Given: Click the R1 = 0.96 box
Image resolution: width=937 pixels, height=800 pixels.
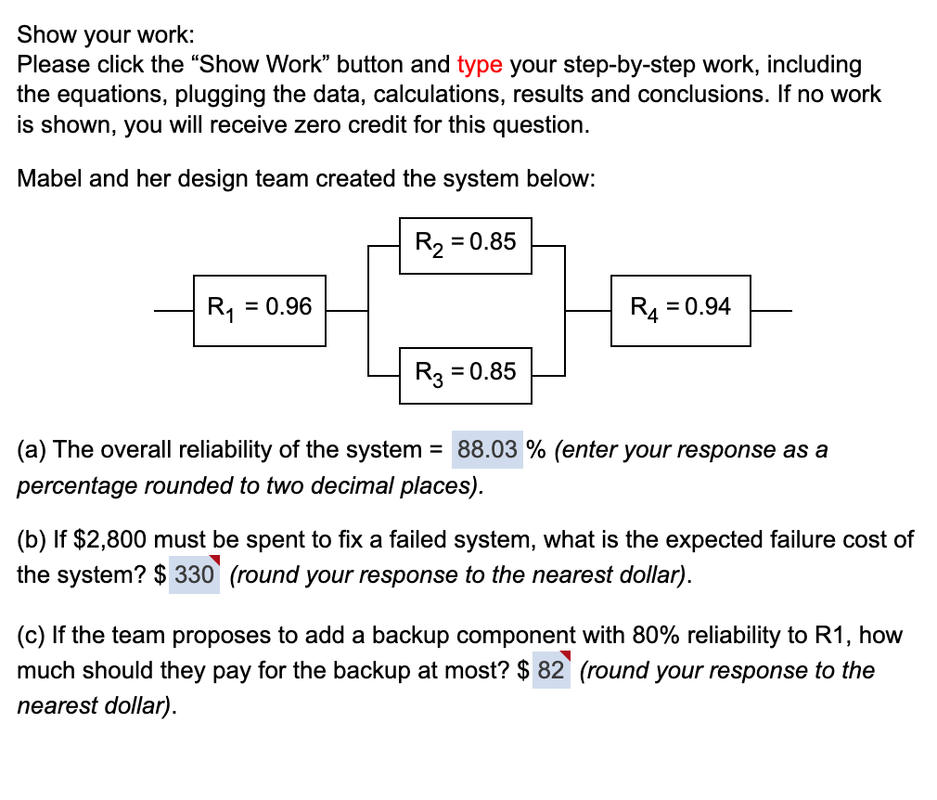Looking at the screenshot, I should (x=260, y=310).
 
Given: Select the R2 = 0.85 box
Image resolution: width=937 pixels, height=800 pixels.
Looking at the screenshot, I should (x=465, y=245).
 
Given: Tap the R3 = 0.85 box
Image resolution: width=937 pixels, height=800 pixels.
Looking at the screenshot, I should (x=465, y=374).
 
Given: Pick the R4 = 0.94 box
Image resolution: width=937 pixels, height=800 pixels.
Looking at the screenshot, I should (x=680, y=310).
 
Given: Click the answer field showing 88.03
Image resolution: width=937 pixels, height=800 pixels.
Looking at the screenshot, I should (x=487, y=450).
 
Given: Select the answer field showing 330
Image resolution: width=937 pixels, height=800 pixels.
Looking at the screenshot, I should (x=194, y=574).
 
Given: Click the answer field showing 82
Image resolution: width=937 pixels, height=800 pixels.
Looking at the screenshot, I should (x=551, y=670).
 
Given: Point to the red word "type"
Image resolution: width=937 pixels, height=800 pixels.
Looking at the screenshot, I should (x=480, y=65).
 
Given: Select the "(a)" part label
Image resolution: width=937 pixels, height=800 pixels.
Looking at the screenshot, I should (x=32, y=450).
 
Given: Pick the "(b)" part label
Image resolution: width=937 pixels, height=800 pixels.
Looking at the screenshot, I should (x=32, y=539).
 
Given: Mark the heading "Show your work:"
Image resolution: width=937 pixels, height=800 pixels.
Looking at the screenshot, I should (x=106, y=35).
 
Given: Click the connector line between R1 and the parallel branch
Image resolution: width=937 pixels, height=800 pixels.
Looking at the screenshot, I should (x=348, y=310).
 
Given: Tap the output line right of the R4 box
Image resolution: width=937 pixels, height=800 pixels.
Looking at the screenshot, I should (x=771, y=310).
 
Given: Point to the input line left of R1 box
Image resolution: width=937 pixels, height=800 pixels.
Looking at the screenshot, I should (x=174, y=310).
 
